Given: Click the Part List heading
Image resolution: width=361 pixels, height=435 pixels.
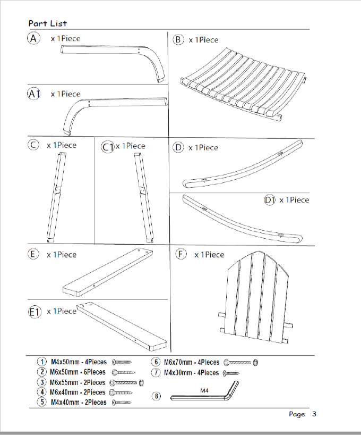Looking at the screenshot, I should [x=48, y=23].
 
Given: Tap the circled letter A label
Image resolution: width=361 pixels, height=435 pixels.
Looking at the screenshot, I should [x=34, y=39].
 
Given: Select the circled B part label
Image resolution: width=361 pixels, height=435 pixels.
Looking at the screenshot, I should [x=178, y=39].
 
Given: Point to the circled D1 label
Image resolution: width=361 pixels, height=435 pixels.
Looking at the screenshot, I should [x=270, y=200].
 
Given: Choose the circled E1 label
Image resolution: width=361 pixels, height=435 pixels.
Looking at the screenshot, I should [x=35, y=312].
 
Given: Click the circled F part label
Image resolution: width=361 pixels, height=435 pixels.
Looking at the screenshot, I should [x=181, y=254].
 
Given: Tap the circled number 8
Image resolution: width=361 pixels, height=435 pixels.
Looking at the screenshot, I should [x=156, y=396].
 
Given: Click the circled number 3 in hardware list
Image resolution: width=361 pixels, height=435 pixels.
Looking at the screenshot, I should [x=41, y=382].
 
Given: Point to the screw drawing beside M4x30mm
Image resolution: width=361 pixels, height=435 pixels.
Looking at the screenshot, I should [x=232, y=373].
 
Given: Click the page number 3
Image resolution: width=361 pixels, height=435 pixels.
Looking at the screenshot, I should [x=314, y=414].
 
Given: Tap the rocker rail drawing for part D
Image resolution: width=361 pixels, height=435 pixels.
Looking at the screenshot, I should [x=242, y=165].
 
